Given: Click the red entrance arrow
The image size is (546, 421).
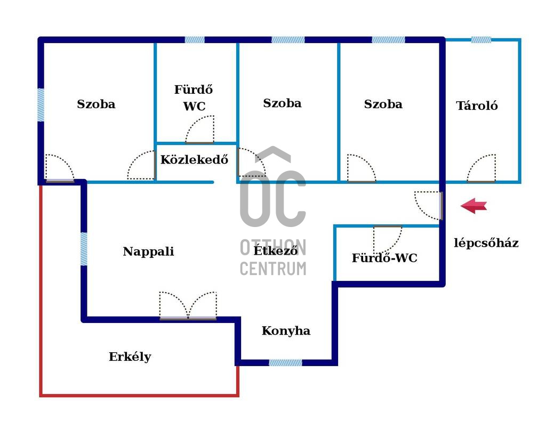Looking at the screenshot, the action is [x=473, y=206].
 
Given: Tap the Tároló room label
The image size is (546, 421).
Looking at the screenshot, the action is [x=477, y=106].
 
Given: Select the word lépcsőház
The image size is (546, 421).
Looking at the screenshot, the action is [x=486, y=243].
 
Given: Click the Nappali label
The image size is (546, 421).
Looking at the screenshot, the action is [x=148, y=252].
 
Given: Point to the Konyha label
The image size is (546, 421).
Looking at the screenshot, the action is [x=286, y=330].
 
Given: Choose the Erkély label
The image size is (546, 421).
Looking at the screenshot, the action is [x=130, y=357].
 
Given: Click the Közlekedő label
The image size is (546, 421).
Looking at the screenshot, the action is [x=194, y=160].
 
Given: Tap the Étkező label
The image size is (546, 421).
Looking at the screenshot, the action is [x=276, y=250].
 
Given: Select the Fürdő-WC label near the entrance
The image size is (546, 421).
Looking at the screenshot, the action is [x=384, y=258].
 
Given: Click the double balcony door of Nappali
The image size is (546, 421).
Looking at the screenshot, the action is [x=188, y=305].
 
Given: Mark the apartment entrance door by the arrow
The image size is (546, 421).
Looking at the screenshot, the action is [x=429, y=206].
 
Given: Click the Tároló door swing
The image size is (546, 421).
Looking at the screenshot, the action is [x=481, y=168].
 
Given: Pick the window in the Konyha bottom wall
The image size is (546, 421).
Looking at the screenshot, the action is [x=285, y=362].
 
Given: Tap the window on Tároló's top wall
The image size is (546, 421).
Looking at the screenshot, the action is [x=481, y=39].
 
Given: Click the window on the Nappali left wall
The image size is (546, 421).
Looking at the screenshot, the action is [x=84, y=249].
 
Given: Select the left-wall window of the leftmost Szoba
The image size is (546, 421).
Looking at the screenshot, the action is [x=41, y=105].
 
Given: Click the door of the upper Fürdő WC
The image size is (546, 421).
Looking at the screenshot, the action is [x=199, y=129].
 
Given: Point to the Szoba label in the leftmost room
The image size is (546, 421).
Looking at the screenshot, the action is [x=96, y=104].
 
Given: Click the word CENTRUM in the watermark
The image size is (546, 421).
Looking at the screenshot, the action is [x=274, y=269].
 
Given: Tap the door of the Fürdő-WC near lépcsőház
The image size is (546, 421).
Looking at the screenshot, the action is [x=388, y=240].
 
